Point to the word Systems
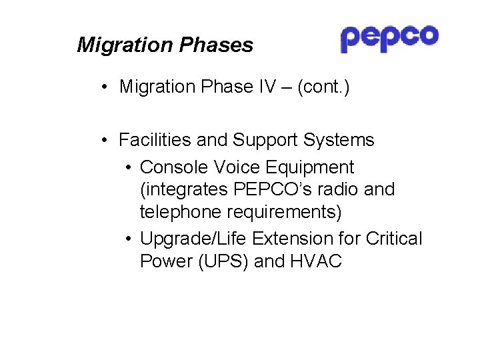pyautogui.click(x=339, y=140)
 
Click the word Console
pyautogui.click(x=172, y=167)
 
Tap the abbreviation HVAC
pyautogui.click(x=316, y=261)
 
